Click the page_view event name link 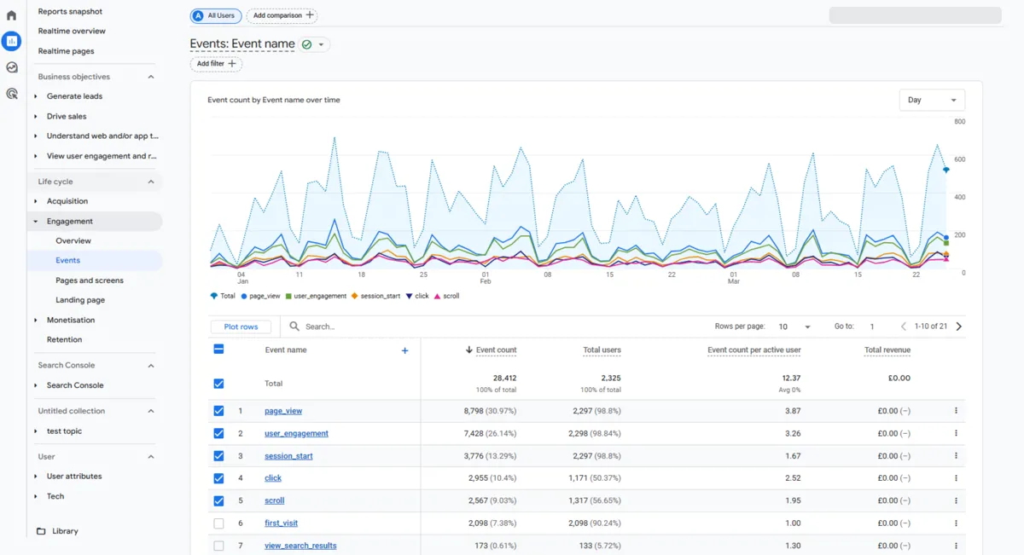283,411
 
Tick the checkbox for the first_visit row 218,523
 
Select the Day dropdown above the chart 932,100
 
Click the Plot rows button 241,327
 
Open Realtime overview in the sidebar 72,31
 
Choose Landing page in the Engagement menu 80,300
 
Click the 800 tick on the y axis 959,122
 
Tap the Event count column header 495,350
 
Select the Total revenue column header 887,350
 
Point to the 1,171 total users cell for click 595,478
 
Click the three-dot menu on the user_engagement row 956,433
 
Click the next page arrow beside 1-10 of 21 959,327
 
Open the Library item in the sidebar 65,531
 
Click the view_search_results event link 300,546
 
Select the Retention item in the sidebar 65,339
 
